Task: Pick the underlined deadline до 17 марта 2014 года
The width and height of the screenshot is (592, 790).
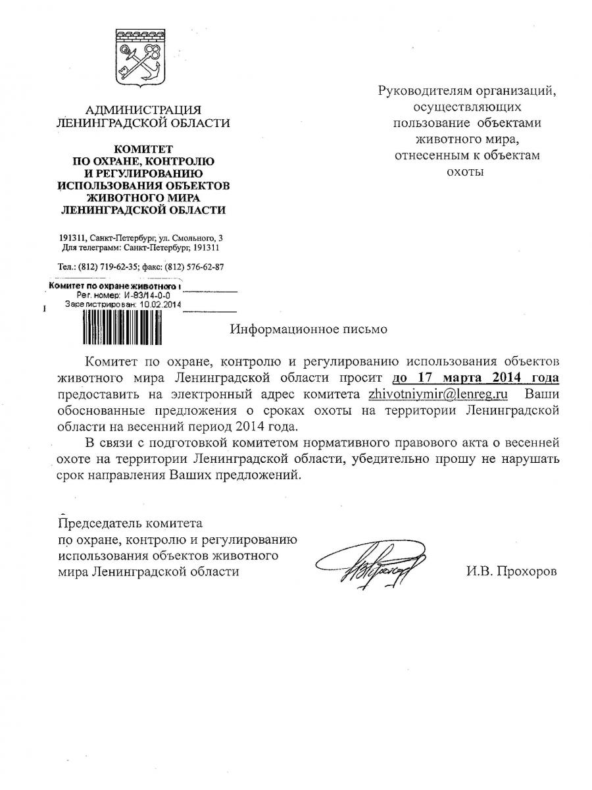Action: coord(476,378)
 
